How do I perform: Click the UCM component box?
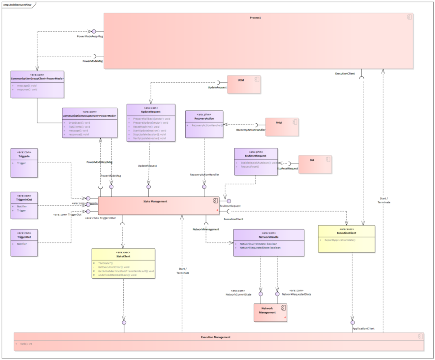click(x=244, y=84)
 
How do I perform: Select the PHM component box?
click(x=282, y=127)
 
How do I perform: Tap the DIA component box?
click(x=315, y=164)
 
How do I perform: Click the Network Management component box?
click(x=270, y=312)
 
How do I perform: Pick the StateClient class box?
click(x=123, y=263)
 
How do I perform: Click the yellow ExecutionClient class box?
click(x=346, y=239)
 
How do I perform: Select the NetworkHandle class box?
click(x=269, y=242)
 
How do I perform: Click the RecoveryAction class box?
click(x=204, y=124)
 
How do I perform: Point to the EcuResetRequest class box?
click(x=256, y=161)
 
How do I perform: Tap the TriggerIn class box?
click(x=24, y=163)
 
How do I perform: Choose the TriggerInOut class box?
click(x=24, y=205)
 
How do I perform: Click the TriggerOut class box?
click(x=24, y=242)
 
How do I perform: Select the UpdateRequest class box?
click(x=151, y=122)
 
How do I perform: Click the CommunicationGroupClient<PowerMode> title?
click(x=37, y=78)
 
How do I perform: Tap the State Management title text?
click(x=155, y=201)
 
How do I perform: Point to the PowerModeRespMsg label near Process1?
click(x=91, y=36)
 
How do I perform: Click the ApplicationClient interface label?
click(x=363, y=329)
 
